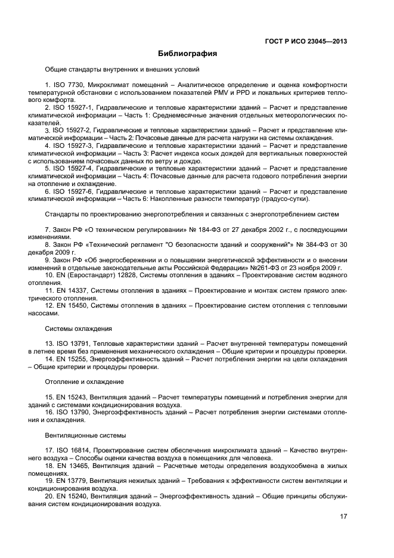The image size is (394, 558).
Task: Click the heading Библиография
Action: pyautogui.click(x=187, y=54)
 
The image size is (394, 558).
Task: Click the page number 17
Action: pyautogui.click(x=343, y=517)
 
